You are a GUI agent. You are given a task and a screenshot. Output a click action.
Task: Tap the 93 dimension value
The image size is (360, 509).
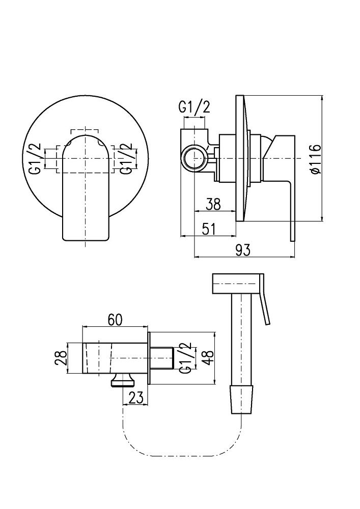click(242, 250)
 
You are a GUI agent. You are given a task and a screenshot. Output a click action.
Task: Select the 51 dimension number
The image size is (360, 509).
click(208, 229)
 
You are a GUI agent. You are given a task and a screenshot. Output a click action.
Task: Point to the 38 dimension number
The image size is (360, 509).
click(213, 205)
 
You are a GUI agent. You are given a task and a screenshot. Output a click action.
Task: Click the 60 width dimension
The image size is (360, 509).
click(115, 320)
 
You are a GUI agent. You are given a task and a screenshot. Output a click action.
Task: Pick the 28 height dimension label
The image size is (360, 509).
click(61, 359)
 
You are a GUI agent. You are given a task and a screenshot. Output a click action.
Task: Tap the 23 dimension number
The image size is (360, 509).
click(135, 398)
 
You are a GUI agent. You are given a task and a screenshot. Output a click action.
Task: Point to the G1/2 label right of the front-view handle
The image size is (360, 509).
click(125, 159)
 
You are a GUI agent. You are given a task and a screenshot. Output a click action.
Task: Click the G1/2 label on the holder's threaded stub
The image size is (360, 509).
click(185, 358)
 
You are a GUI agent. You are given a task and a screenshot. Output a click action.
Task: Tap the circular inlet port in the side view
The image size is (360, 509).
click(194, 158)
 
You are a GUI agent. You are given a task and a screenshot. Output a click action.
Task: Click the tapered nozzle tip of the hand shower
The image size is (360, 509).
click(241, 400)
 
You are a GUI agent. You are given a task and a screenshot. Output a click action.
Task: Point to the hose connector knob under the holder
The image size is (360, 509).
click(122, 380)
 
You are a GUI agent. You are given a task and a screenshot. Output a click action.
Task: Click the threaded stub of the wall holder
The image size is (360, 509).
click(162, 358)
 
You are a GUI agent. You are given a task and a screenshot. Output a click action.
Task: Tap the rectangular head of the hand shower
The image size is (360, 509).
click(236, 285)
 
